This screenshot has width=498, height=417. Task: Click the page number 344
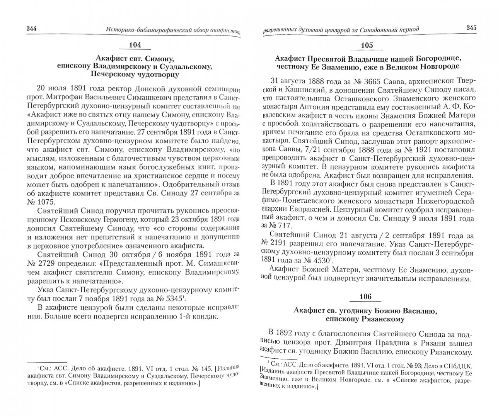tap(31, 28)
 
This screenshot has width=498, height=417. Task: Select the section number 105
tap(366, 46)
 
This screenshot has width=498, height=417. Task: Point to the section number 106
tap(365, 297)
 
